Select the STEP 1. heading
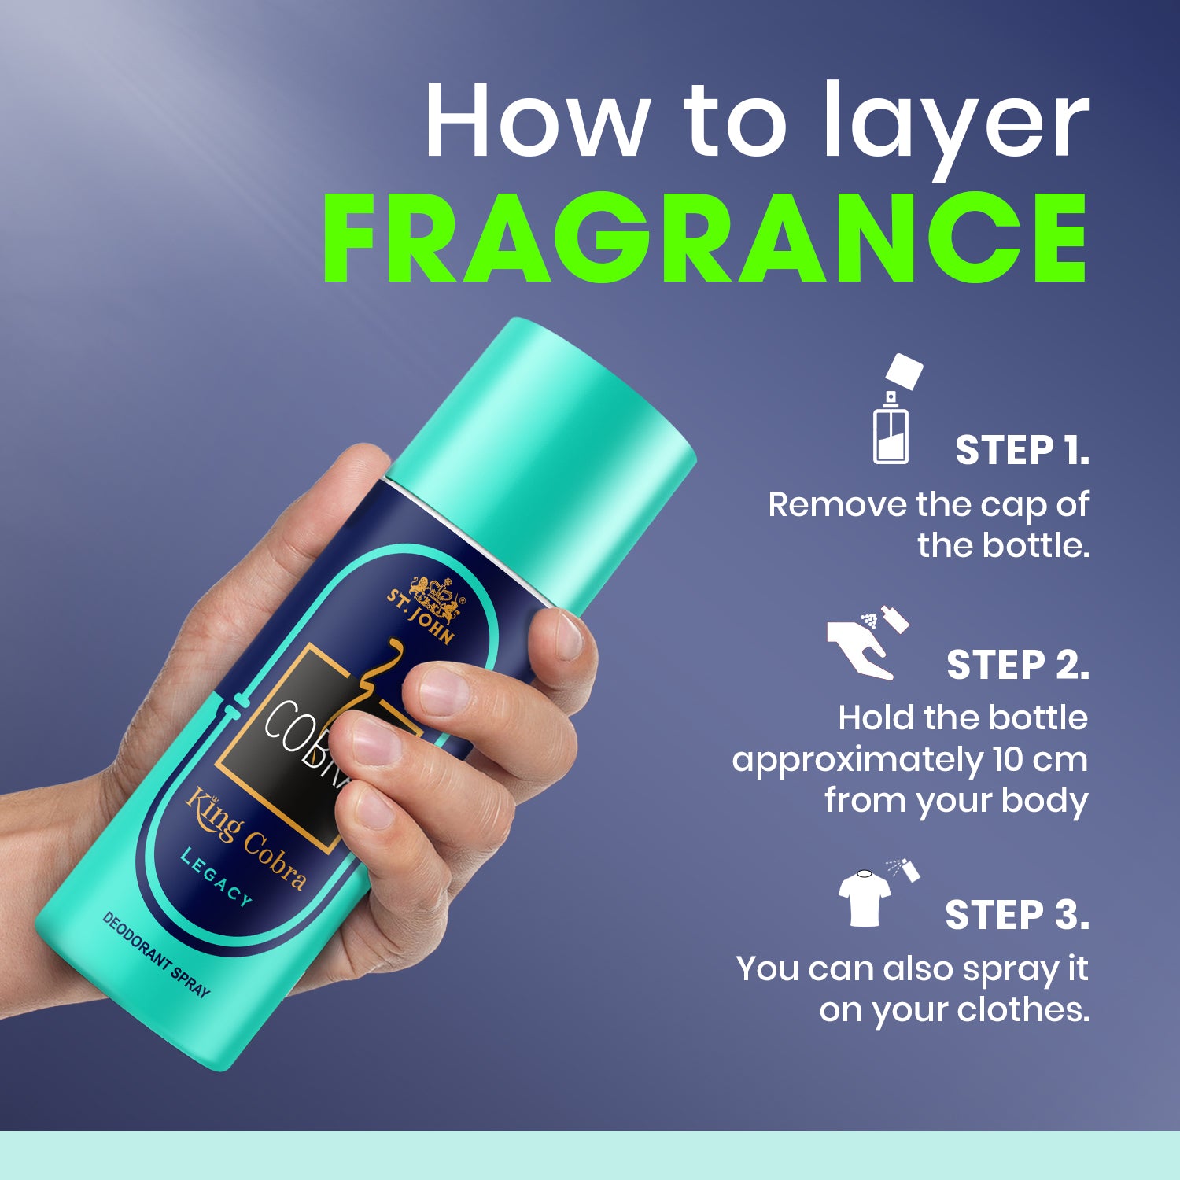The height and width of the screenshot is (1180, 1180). [x=1022, y=451]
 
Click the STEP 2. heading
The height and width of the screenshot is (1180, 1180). [x=1018, y=665]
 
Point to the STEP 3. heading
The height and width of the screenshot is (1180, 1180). [x=1017, y=915]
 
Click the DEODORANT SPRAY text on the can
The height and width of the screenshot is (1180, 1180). [x=157, y=953]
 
